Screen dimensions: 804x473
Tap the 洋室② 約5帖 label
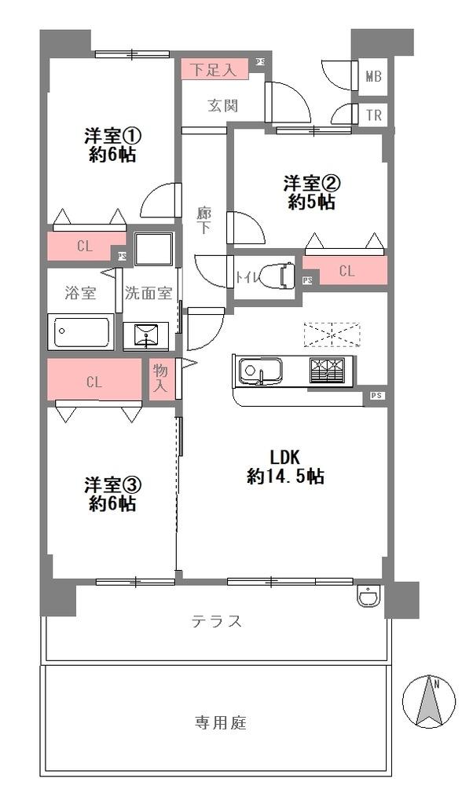pos(312,192)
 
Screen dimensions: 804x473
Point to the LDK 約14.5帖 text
pos(286,466)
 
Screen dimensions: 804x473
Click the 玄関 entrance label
pos(223,106)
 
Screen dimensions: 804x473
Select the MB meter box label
pos(374,77)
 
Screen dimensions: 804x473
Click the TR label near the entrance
pos(374,115)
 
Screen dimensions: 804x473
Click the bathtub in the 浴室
pos(81,332)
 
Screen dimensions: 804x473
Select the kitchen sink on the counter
pos(260,371)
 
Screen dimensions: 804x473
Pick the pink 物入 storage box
pos(161,380)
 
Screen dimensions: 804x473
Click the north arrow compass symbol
pos(429,701)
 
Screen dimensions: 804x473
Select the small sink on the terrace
pos(368,597)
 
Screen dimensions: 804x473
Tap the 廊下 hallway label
pos(204,220)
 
